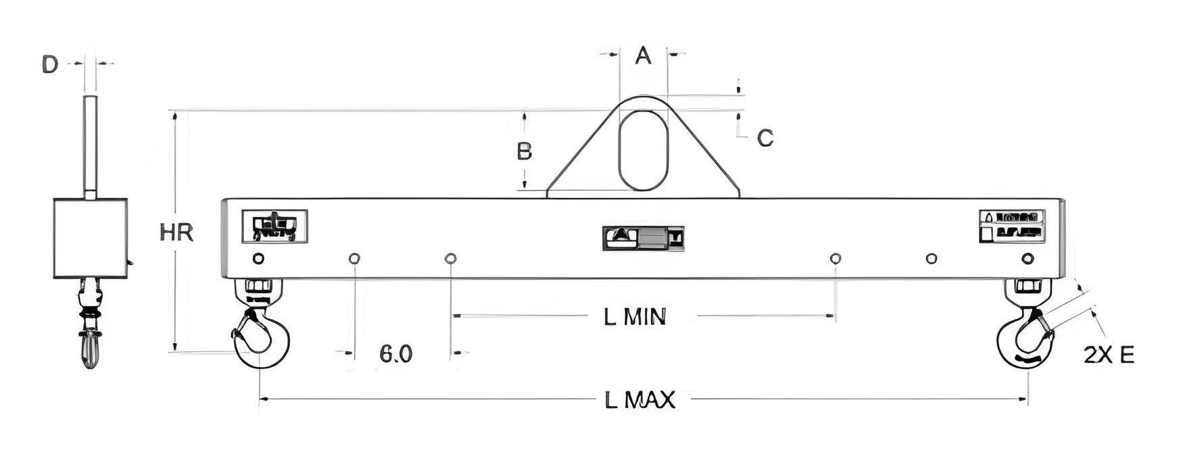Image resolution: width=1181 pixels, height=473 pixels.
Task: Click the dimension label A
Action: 644,55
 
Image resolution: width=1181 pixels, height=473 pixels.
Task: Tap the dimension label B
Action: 524,151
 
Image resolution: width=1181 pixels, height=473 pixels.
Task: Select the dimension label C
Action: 765,138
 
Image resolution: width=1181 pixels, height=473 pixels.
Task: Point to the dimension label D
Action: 50,65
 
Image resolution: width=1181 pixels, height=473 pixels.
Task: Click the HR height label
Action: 176,233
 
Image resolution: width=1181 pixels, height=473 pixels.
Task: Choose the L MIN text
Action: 635,316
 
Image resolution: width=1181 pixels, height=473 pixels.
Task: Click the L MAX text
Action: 640,400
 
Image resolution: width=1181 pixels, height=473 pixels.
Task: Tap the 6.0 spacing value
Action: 395,353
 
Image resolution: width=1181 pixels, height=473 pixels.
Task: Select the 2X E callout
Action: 1109,355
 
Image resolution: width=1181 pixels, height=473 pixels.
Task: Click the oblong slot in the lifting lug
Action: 643,149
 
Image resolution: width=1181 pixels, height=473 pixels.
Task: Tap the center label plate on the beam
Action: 643,238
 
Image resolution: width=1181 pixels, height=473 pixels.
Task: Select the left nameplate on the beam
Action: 274,226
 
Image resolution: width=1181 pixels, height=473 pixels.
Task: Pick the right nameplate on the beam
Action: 1012,226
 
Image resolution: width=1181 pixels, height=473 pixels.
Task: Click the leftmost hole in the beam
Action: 258,258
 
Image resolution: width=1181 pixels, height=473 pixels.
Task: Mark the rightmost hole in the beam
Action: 1028,258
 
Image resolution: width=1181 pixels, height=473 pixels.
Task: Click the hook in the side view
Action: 91,348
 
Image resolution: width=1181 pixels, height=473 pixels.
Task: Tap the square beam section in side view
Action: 91,238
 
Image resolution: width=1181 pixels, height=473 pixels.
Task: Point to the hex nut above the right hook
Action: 1028,286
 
